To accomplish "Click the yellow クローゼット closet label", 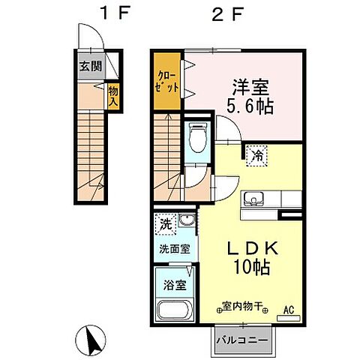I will (166, 80).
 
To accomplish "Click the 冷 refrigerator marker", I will (256, 156).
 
